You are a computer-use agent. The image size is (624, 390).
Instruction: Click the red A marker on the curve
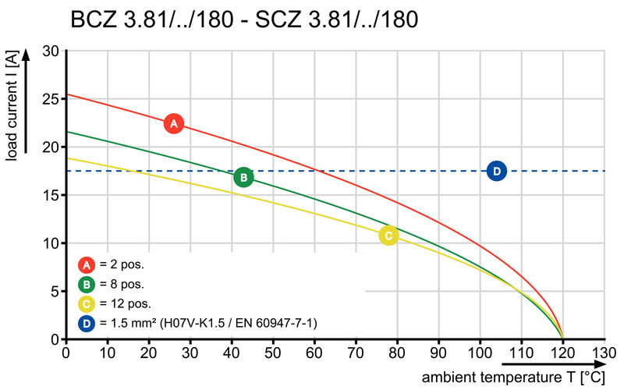(x=174, y=123)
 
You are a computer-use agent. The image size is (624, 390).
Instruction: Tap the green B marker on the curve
(x=243, y=178)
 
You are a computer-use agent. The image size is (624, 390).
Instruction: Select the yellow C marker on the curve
(x=388, y=236)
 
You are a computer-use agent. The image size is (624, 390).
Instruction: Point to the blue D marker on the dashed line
(x=497, y=171)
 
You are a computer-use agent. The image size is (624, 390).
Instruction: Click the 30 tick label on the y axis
(x=51, y=51)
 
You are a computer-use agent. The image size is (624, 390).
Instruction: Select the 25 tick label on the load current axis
(x=51, y=99)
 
